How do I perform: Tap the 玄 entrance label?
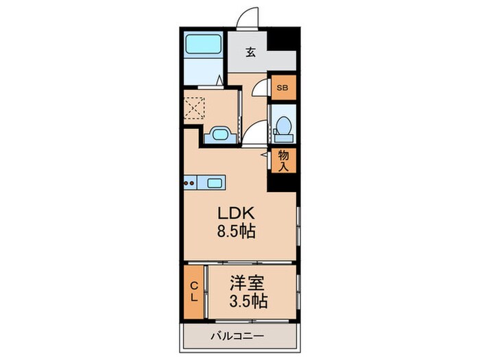(251, 51)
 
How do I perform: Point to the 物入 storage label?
(283, 160)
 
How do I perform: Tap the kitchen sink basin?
(215, 182)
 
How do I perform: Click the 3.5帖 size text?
(248, 300)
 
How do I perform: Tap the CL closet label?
(194, 292)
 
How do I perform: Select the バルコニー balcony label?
(238, 336)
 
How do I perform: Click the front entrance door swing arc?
(248, 19)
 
